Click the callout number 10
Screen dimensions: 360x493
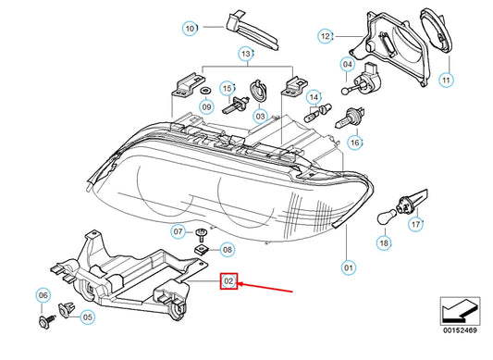pyautogui.click(x=190, y=29)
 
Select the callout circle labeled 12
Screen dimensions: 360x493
pyautogui.click(x=326, y=36)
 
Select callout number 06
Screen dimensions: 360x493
pyautogui.click(x=42, y=295)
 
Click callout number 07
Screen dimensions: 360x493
pyautogui.click(x=178, y=230)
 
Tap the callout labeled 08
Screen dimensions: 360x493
pyautogui.click(x=228, y=249)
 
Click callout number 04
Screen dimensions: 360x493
pyautogui.click(x=347, y=65)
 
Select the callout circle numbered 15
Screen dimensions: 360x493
pyautogui.click(x=225, y=88)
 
